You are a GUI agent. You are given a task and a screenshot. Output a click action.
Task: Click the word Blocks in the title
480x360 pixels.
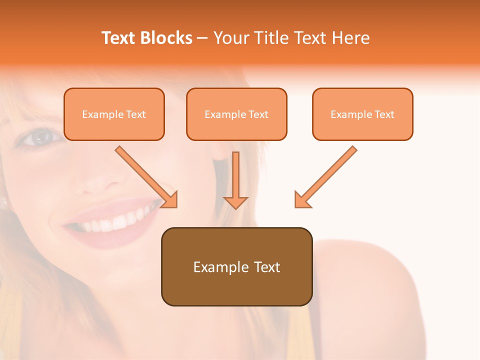point(166,38)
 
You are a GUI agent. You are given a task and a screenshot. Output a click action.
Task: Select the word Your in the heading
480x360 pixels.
point(230,38)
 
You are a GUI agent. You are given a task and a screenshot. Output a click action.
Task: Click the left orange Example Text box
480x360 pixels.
point(114,114)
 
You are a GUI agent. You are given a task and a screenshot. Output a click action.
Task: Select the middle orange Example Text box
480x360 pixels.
point(236,114)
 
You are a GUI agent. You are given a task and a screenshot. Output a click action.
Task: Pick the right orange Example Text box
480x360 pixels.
point(362,114)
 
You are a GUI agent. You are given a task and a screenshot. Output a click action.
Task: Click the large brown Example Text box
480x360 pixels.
point(236,266)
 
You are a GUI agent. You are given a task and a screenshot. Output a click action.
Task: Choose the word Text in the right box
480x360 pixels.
point(384,114)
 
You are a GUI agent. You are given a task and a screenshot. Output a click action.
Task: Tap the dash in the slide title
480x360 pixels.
point(202,38)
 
